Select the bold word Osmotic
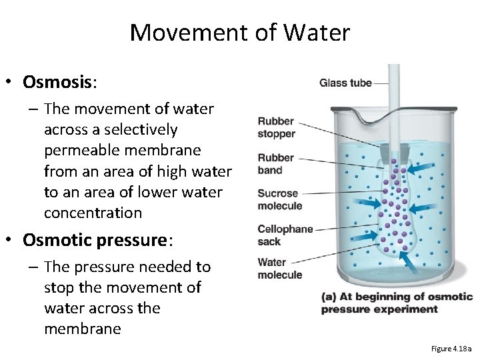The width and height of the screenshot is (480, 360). [x=59, y=239]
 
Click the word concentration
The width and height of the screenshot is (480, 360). [x=93, y=213]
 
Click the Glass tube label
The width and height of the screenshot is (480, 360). [x=345, y=83]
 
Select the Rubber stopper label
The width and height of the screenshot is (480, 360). [x=276, y=127]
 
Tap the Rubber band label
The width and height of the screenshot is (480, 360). [x=275, y=164]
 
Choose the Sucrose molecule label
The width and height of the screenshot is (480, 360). [x=279, y=200]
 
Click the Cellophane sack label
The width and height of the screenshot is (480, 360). [x=285, y=235]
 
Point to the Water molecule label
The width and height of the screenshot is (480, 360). [x=279, y=269]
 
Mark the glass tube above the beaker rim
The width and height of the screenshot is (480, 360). [x=393, y=90]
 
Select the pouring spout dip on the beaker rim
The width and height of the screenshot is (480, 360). [x=370, y=118]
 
